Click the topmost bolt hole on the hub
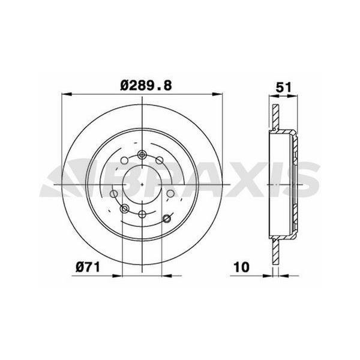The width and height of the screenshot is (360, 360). pos(142,155)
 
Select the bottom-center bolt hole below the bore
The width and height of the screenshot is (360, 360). pos(142,214)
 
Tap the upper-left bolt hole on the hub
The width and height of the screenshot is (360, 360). pos(124,161)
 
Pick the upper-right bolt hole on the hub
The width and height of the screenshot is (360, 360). pos(160,160)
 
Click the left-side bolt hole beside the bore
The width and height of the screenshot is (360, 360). pos(114,193)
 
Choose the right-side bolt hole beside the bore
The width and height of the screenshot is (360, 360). pos(170,193)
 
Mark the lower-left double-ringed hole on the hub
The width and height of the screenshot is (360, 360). pos(125,208)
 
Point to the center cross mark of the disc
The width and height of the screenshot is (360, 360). pos(142,184)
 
